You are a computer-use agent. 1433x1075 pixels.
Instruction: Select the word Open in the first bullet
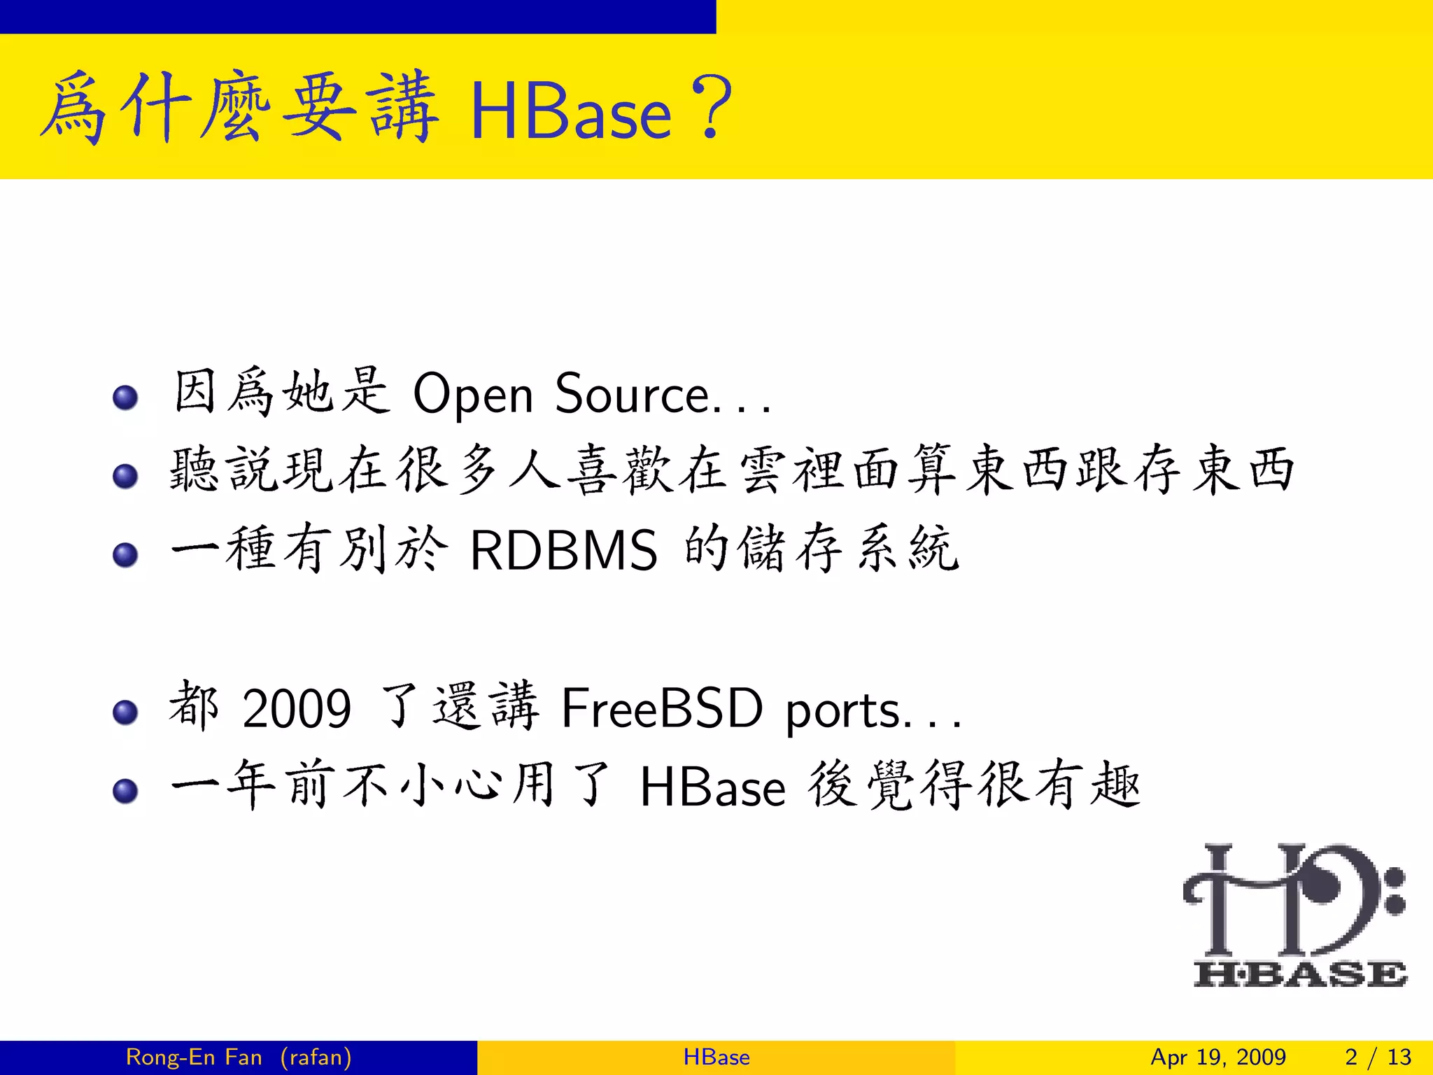pos(473,395)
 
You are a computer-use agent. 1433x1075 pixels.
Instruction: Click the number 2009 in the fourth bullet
pos(296,709)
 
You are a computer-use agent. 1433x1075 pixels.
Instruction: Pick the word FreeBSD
pos(661,708)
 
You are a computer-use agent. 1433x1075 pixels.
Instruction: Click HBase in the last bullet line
pos(712,788)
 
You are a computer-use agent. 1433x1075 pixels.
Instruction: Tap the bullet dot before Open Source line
pos(125,398)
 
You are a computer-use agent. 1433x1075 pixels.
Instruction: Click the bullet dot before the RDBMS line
pos(125,555)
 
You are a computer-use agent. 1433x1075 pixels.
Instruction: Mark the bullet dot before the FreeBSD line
pos(125,712)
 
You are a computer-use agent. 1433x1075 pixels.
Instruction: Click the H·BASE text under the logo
pos(1299,974)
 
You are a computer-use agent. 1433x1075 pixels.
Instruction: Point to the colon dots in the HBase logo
pos(1395,891)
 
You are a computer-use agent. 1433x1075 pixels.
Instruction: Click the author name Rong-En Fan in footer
pos(194,1057)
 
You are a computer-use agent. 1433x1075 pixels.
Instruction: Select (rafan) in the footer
pos(316,1057)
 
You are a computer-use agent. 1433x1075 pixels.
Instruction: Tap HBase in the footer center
pos(716,1057)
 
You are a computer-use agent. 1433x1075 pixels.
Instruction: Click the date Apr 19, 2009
pos(1217,1057)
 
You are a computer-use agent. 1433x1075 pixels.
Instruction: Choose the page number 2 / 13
pos(1378,1057)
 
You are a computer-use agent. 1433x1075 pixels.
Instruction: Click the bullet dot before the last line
pos(125,792)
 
